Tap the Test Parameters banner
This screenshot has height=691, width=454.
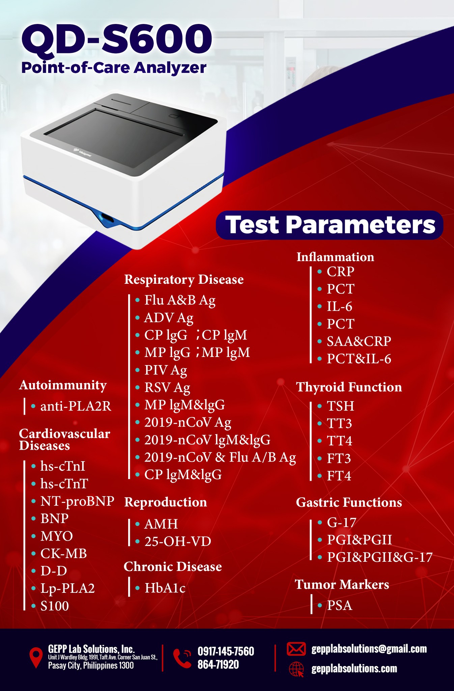(x=330, y=225)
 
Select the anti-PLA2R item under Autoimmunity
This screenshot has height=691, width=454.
(x=76, y=406)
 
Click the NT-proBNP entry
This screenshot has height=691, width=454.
(x=77, y=501)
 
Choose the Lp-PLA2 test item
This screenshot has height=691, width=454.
(x=67, y=588)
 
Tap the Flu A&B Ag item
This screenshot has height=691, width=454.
(x=180, y=300)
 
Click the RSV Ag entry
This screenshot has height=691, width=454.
(x=167, y=388)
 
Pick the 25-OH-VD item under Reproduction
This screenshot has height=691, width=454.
(x=178, y=541)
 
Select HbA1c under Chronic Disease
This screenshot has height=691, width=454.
(x=165, y=588)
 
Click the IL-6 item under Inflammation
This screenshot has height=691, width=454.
(x=339, y=306)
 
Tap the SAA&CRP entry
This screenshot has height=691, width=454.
(x=359, y=341)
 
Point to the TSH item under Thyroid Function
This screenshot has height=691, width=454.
(x=340, y=406)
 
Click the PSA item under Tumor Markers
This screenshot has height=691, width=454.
(x=339, y=605)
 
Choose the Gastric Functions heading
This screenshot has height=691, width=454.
(x=349, y=502)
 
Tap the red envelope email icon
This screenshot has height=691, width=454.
(x=296, y=649)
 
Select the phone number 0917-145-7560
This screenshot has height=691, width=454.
(x=226, y=651)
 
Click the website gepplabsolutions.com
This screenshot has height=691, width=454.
(x=354, y=668)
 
